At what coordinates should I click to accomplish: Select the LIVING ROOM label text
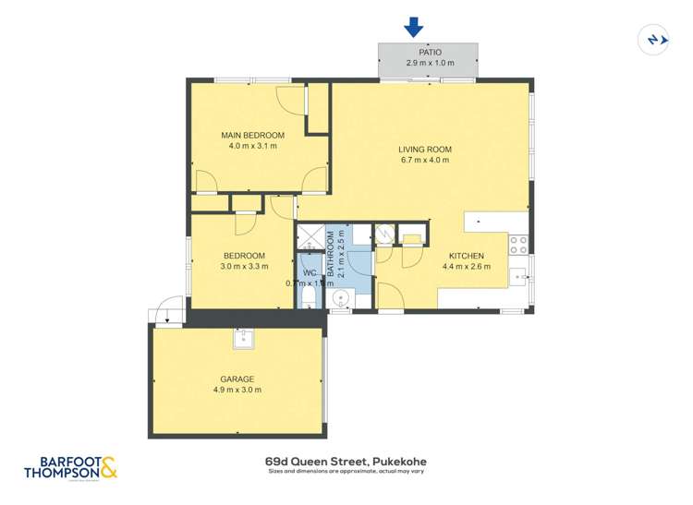tap(424, 149)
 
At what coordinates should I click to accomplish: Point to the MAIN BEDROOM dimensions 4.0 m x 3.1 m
tap(251, 146)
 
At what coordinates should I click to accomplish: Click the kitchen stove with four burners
tap(519, 244)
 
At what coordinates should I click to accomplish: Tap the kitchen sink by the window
tap(519, 274)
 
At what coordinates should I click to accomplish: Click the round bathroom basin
tap(341, 297)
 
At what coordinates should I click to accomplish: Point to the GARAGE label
tap(237, 379)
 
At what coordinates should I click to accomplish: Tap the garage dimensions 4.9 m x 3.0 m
tap(237, 390)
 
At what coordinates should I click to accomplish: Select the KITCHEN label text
tap(466, 256)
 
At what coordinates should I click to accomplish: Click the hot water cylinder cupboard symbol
tap(385, 234)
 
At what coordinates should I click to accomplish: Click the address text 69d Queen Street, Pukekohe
tap(346, 461)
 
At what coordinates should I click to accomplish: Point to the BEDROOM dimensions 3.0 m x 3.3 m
tap(244, 267)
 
